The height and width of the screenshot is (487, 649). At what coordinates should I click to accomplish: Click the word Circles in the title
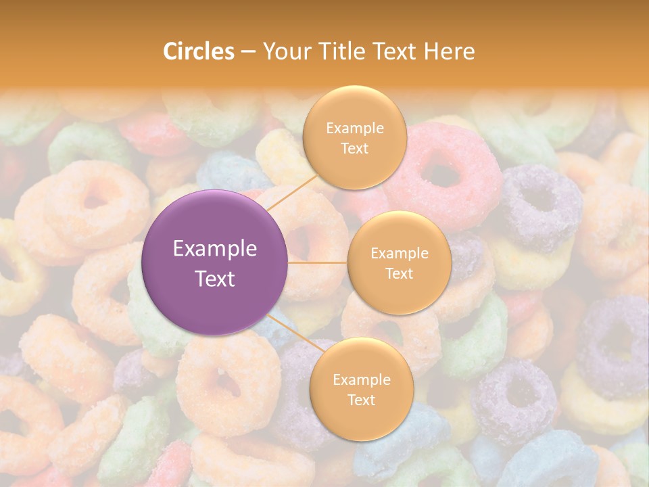199,51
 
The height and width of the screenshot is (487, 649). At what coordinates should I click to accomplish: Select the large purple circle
215,262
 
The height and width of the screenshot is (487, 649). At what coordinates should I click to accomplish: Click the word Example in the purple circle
215,249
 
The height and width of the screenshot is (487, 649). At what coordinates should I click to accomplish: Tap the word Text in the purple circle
215,278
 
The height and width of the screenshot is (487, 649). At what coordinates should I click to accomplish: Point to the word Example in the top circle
355,128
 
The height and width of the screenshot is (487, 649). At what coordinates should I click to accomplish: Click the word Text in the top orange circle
354,148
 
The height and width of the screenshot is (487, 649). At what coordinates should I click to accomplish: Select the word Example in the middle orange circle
400,254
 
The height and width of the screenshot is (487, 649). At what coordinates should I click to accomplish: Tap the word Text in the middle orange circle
399,273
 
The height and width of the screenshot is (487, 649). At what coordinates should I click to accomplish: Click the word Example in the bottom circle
362,379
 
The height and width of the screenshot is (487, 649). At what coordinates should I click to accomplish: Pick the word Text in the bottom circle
361,400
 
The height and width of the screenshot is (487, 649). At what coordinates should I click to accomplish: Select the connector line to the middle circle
318,262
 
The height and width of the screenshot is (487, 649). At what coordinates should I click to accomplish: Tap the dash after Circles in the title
247,51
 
